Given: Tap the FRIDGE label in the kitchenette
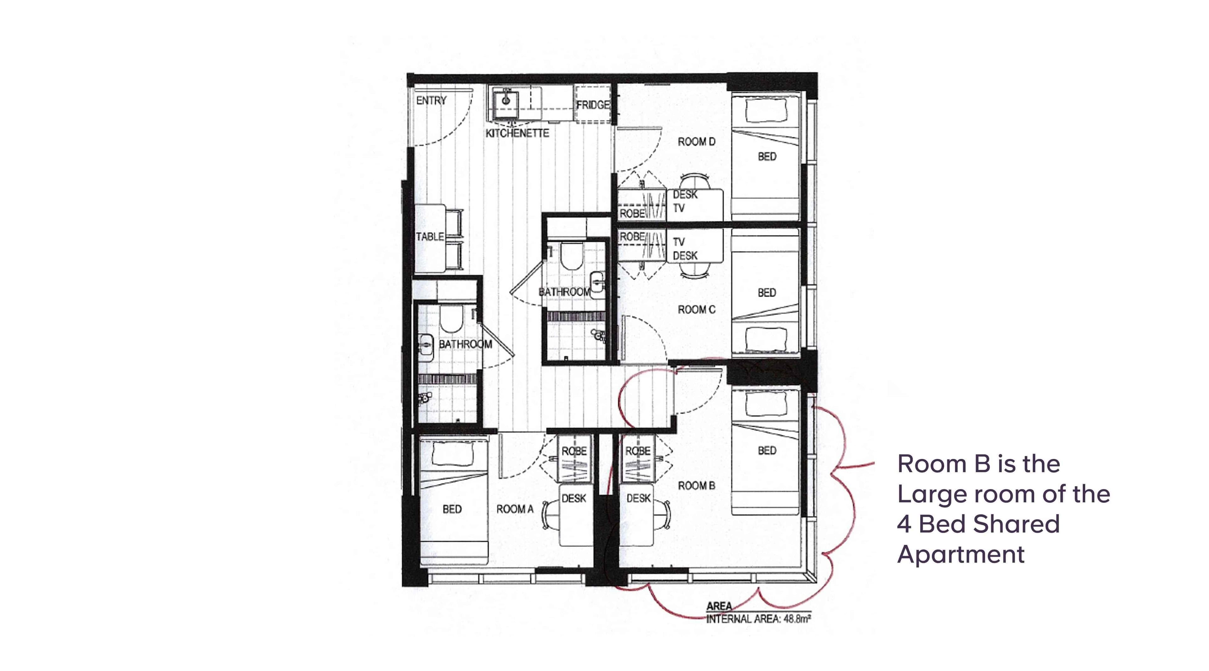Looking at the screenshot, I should (x=593, y=105).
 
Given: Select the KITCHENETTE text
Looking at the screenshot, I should (x=517, y=133).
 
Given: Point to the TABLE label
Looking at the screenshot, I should (x=430, y=236).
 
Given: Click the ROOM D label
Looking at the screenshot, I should (x=696, y=142).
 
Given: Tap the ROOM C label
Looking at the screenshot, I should (x=696, y=310).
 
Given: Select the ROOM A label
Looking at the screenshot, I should (x=515, y=509).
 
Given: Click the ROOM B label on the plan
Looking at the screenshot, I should (x=696, y=486).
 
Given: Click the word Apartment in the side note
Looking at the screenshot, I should (x=961, y=554).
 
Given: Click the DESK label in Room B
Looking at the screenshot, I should (x=638, y=498).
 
